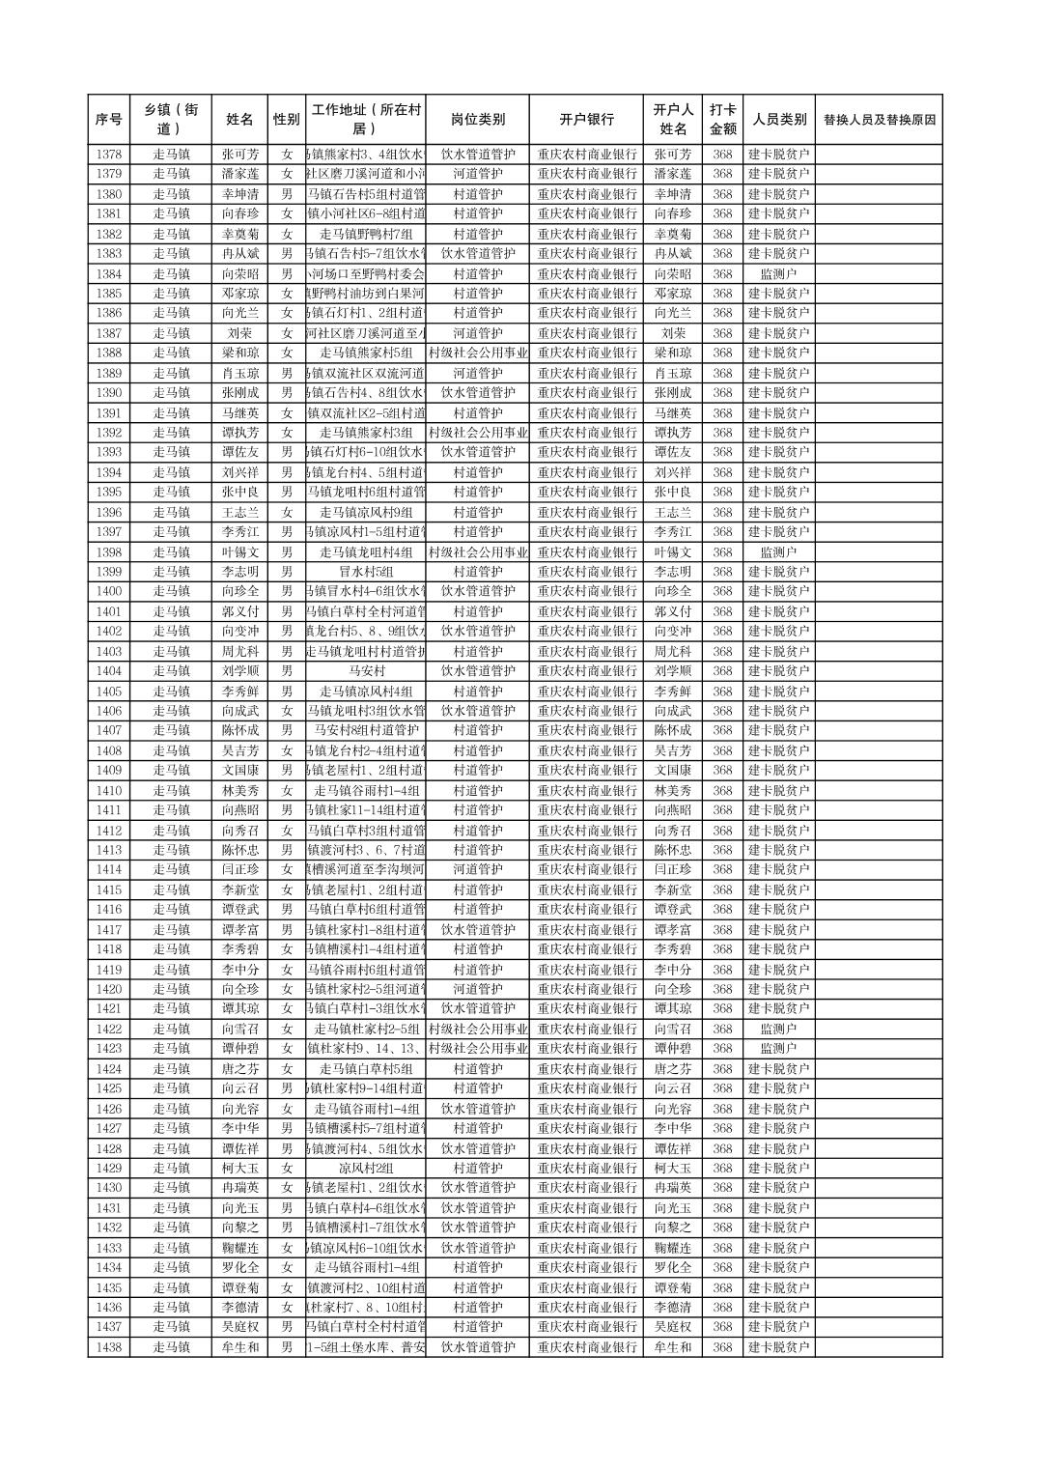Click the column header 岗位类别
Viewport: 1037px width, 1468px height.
click(477, 120)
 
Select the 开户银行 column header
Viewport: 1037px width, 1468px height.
click(586, 120)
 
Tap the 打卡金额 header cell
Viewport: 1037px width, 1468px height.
click(722, 120)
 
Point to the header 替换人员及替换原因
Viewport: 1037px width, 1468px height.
click(878, 120)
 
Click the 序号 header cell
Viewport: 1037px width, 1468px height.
click(108, 120)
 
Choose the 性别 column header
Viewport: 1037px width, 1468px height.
click(286, 120)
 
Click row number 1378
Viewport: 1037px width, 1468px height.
click(108, 155)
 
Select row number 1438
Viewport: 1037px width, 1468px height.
click(108, 1347)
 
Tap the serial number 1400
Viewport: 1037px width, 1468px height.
click(108, 591)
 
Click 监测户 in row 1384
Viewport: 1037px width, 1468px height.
click(778, 273)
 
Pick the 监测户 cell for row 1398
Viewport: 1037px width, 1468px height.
click(778, 551)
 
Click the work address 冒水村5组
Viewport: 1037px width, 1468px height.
click(365, 572)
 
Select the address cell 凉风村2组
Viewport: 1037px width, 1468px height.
click(365, 1168)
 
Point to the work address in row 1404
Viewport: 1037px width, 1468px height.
click(365, 671)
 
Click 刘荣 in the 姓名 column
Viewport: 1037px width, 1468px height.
click(239, 333)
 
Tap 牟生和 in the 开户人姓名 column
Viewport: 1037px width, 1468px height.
click(672, 1347)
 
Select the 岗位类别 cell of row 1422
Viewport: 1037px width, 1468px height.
click(477, 1029)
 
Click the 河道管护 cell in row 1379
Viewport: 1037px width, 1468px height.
click(477, 174)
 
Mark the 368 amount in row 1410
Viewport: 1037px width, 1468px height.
click(722, 790)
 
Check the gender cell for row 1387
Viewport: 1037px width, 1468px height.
click(286, 333)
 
